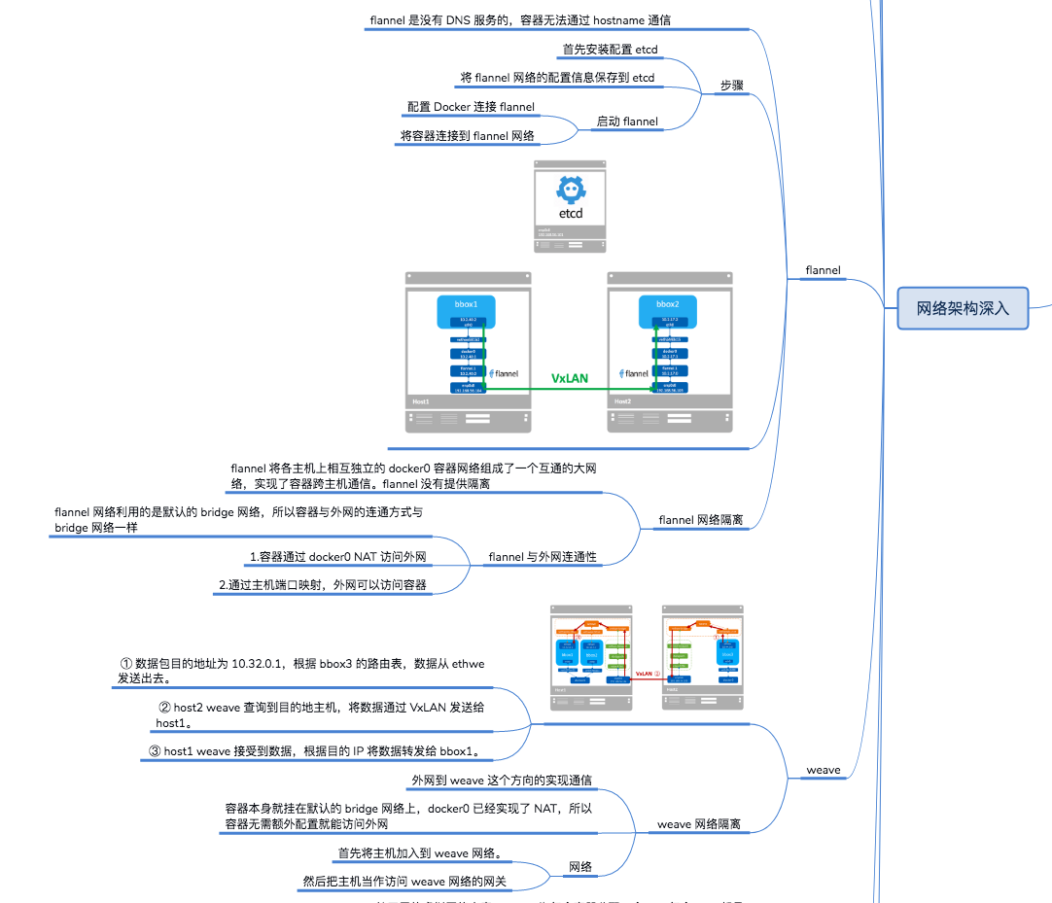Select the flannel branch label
coord(824,270)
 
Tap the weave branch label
coord(824,771)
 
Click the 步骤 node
coord(731,86)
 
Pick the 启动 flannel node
coord(627,122)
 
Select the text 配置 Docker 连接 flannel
coord(471,107)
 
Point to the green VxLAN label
coord(570,377)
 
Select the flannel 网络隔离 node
coord(700,520)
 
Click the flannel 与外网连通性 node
coord(543,557)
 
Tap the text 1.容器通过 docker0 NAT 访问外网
coord(338,557)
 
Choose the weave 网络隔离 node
coord(698,824)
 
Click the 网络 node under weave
coord(580,867)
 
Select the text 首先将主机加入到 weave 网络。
coord(419,853)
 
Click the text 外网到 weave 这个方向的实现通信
coord(503,781)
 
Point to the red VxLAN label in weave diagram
coord(646,673)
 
